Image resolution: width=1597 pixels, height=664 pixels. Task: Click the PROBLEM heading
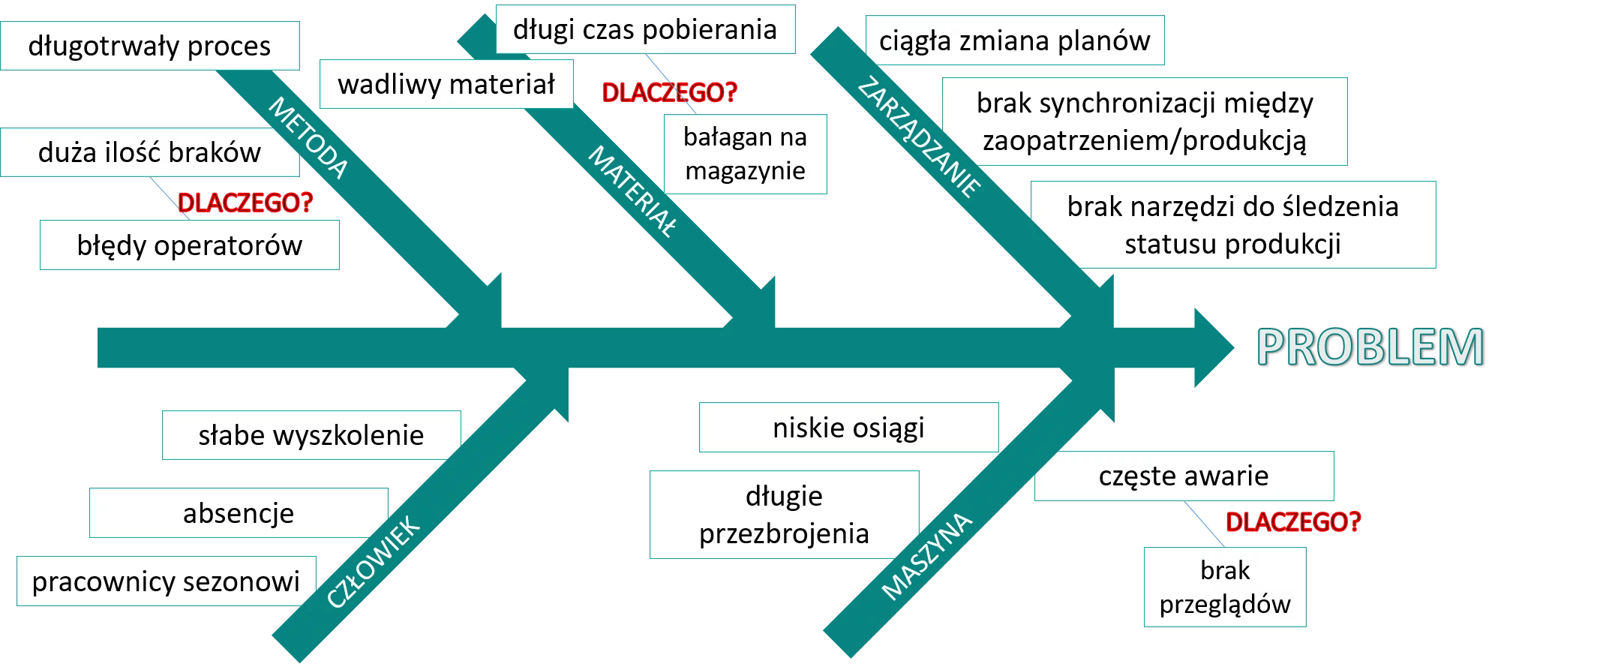1370,347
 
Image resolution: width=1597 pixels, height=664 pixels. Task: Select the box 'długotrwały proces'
149,46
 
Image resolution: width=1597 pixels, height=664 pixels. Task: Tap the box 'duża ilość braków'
149,152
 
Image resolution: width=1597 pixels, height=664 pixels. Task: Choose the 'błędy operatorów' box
189,245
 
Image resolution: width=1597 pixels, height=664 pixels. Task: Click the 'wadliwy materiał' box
446,84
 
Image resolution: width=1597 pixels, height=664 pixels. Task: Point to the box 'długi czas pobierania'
645,30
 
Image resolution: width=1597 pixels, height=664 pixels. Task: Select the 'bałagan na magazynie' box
745,154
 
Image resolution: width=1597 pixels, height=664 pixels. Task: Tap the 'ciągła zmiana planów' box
1014,41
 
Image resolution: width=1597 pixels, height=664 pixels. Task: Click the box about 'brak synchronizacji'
1145,122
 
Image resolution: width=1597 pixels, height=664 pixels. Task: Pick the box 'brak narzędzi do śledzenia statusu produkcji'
1232,225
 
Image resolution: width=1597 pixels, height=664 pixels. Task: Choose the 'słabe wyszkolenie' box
311,435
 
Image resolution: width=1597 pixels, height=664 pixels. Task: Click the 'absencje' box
239,513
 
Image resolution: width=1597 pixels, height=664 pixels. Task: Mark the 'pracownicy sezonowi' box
166,581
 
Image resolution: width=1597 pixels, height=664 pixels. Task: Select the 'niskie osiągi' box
848,428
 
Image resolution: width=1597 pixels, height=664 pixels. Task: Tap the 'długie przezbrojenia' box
784,515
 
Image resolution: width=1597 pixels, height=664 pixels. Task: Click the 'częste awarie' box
1184,476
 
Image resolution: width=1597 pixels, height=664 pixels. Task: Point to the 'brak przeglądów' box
1225,587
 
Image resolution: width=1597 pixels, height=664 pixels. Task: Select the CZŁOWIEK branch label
374,561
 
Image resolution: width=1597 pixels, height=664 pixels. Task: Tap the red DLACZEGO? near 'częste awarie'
1292,521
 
